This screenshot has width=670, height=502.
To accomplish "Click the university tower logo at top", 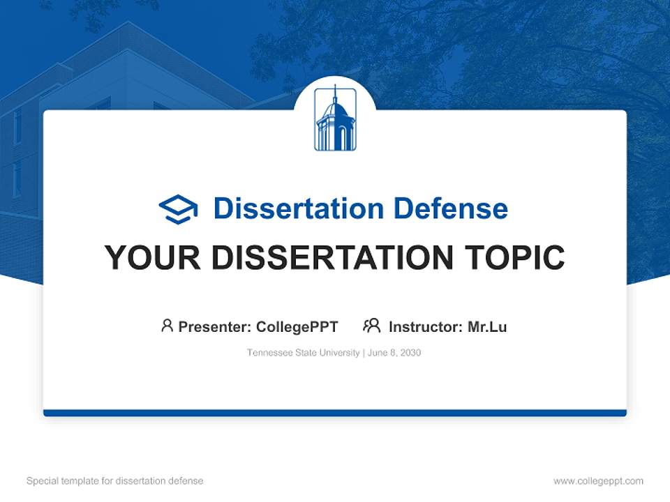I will coord(335,119).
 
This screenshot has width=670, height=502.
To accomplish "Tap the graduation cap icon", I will coord(178,209).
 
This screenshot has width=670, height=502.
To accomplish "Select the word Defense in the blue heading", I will coord(450,208).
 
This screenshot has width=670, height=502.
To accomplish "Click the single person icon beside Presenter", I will coord(167,326).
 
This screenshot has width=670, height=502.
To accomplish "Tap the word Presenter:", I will coord(214,326).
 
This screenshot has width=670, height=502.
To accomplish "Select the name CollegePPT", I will coord(297,326).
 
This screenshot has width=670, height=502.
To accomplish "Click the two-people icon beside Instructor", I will coord(372,326).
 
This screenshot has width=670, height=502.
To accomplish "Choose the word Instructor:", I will coord(425,326).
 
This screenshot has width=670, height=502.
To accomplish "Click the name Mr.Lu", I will coord(487,326).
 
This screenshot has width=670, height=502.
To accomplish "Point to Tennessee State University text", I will coord(303,353).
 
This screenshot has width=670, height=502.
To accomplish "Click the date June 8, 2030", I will coord(394,353).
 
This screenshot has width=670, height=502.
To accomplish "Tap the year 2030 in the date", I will coord(410,353).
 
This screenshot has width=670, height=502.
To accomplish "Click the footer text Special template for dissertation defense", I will coord(114,481).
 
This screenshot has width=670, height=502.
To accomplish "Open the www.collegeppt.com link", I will coord(598,481).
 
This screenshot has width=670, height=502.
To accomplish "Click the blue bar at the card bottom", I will coord(335,413).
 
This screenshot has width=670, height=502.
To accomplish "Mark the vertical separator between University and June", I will coord(362,353).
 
